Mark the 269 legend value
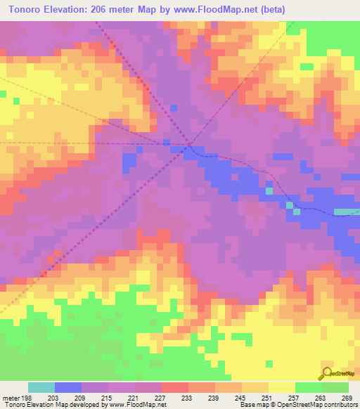point(346,397)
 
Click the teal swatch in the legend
point(41,387)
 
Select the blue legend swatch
point(68,387)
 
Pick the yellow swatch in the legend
point(281,387)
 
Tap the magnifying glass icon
point(326,372)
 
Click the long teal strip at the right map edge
point(346,212)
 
